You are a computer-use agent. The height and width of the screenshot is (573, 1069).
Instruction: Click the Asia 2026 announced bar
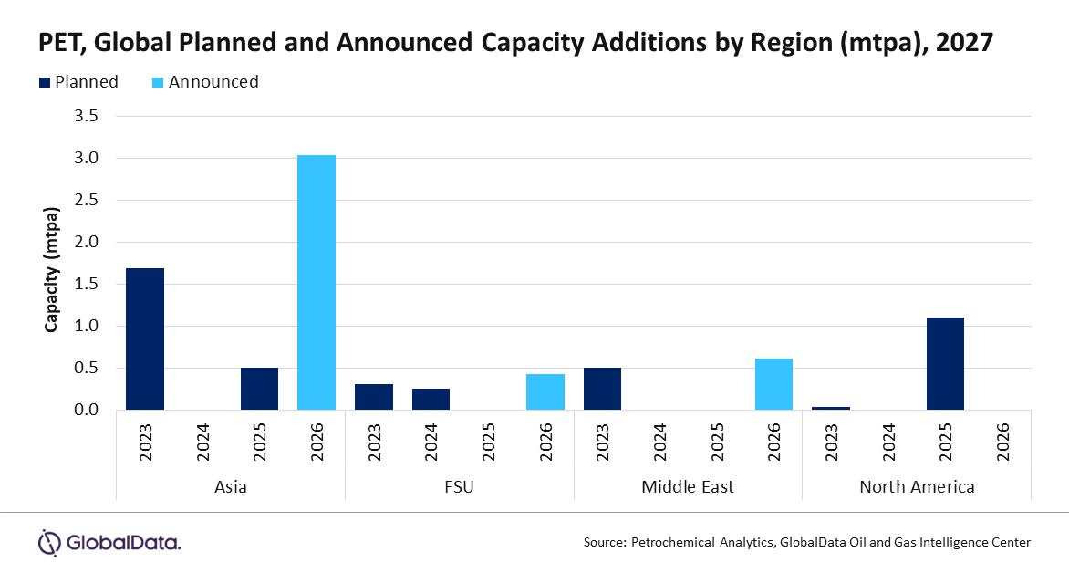(317, 283)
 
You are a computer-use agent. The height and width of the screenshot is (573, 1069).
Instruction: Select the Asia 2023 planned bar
(145, 339)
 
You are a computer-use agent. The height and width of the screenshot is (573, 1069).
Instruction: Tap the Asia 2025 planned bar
(259, 389)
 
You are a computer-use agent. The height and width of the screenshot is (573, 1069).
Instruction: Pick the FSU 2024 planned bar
(431, 400)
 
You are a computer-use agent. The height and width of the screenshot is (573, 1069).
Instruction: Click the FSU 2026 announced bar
(545, 392)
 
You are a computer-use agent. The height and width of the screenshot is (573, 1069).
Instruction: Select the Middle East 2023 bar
(602, 389)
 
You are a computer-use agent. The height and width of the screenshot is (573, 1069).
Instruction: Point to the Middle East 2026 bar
(773, 384)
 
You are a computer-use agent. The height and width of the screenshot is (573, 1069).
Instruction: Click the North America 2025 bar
(945, 364)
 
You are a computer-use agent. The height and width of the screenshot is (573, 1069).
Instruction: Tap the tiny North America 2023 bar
(831, 408)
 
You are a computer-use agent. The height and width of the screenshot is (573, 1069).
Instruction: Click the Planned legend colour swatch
(45, 82)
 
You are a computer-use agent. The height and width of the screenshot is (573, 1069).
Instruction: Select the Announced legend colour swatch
(156, 82)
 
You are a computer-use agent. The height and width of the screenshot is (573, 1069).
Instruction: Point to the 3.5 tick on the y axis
(85, 116)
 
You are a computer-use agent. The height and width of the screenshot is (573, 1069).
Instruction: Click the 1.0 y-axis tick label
(85, 326)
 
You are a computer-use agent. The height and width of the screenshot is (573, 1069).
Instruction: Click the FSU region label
(459, 486)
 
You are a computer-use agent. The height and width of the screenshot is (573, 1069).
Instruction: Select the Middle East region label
(688, 486)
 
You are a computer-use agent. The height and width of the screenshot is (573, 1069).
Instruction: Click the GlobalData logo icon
(48, 542)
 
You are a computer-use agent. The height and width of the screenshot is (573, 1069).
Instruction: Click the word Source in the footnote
(604, 542)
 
